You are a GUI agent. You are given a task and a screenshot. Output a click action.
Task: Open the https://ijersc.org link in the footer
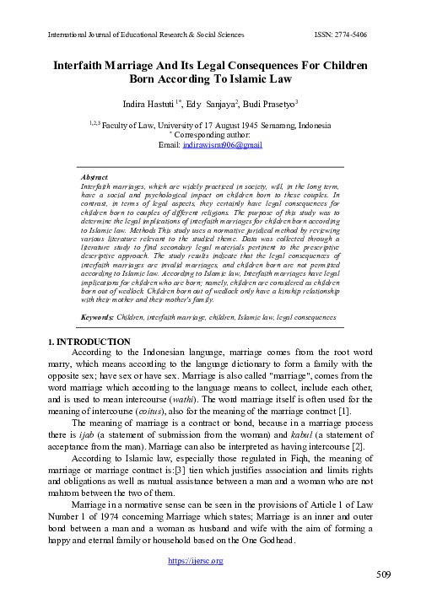point(210,561)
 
